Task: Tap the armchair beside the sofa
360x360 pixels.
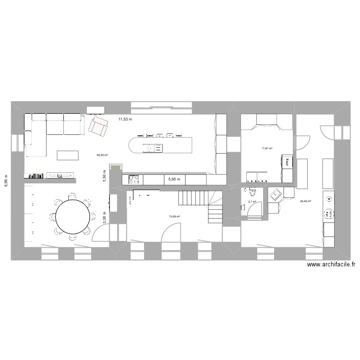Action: (98, 126)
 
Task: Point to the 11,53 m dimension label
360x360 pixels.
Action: (125, 119)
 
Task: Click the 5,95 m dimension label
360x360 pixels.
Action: (174, 180)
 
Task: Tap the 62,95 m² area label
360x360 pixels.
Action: (102, 155)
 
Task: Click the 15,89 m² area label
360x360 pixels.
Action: (174, 216)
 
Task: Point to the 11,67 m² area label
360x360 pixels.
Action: (267, 149)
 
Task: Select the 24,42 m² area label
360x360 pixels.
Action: (305, 202)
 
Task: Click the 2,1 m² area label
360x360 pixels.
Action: (252, 202)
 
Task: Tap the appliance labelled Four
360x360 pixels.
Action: (287, 163)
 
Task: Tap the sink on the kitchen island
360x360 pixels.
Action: (155, 148)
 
